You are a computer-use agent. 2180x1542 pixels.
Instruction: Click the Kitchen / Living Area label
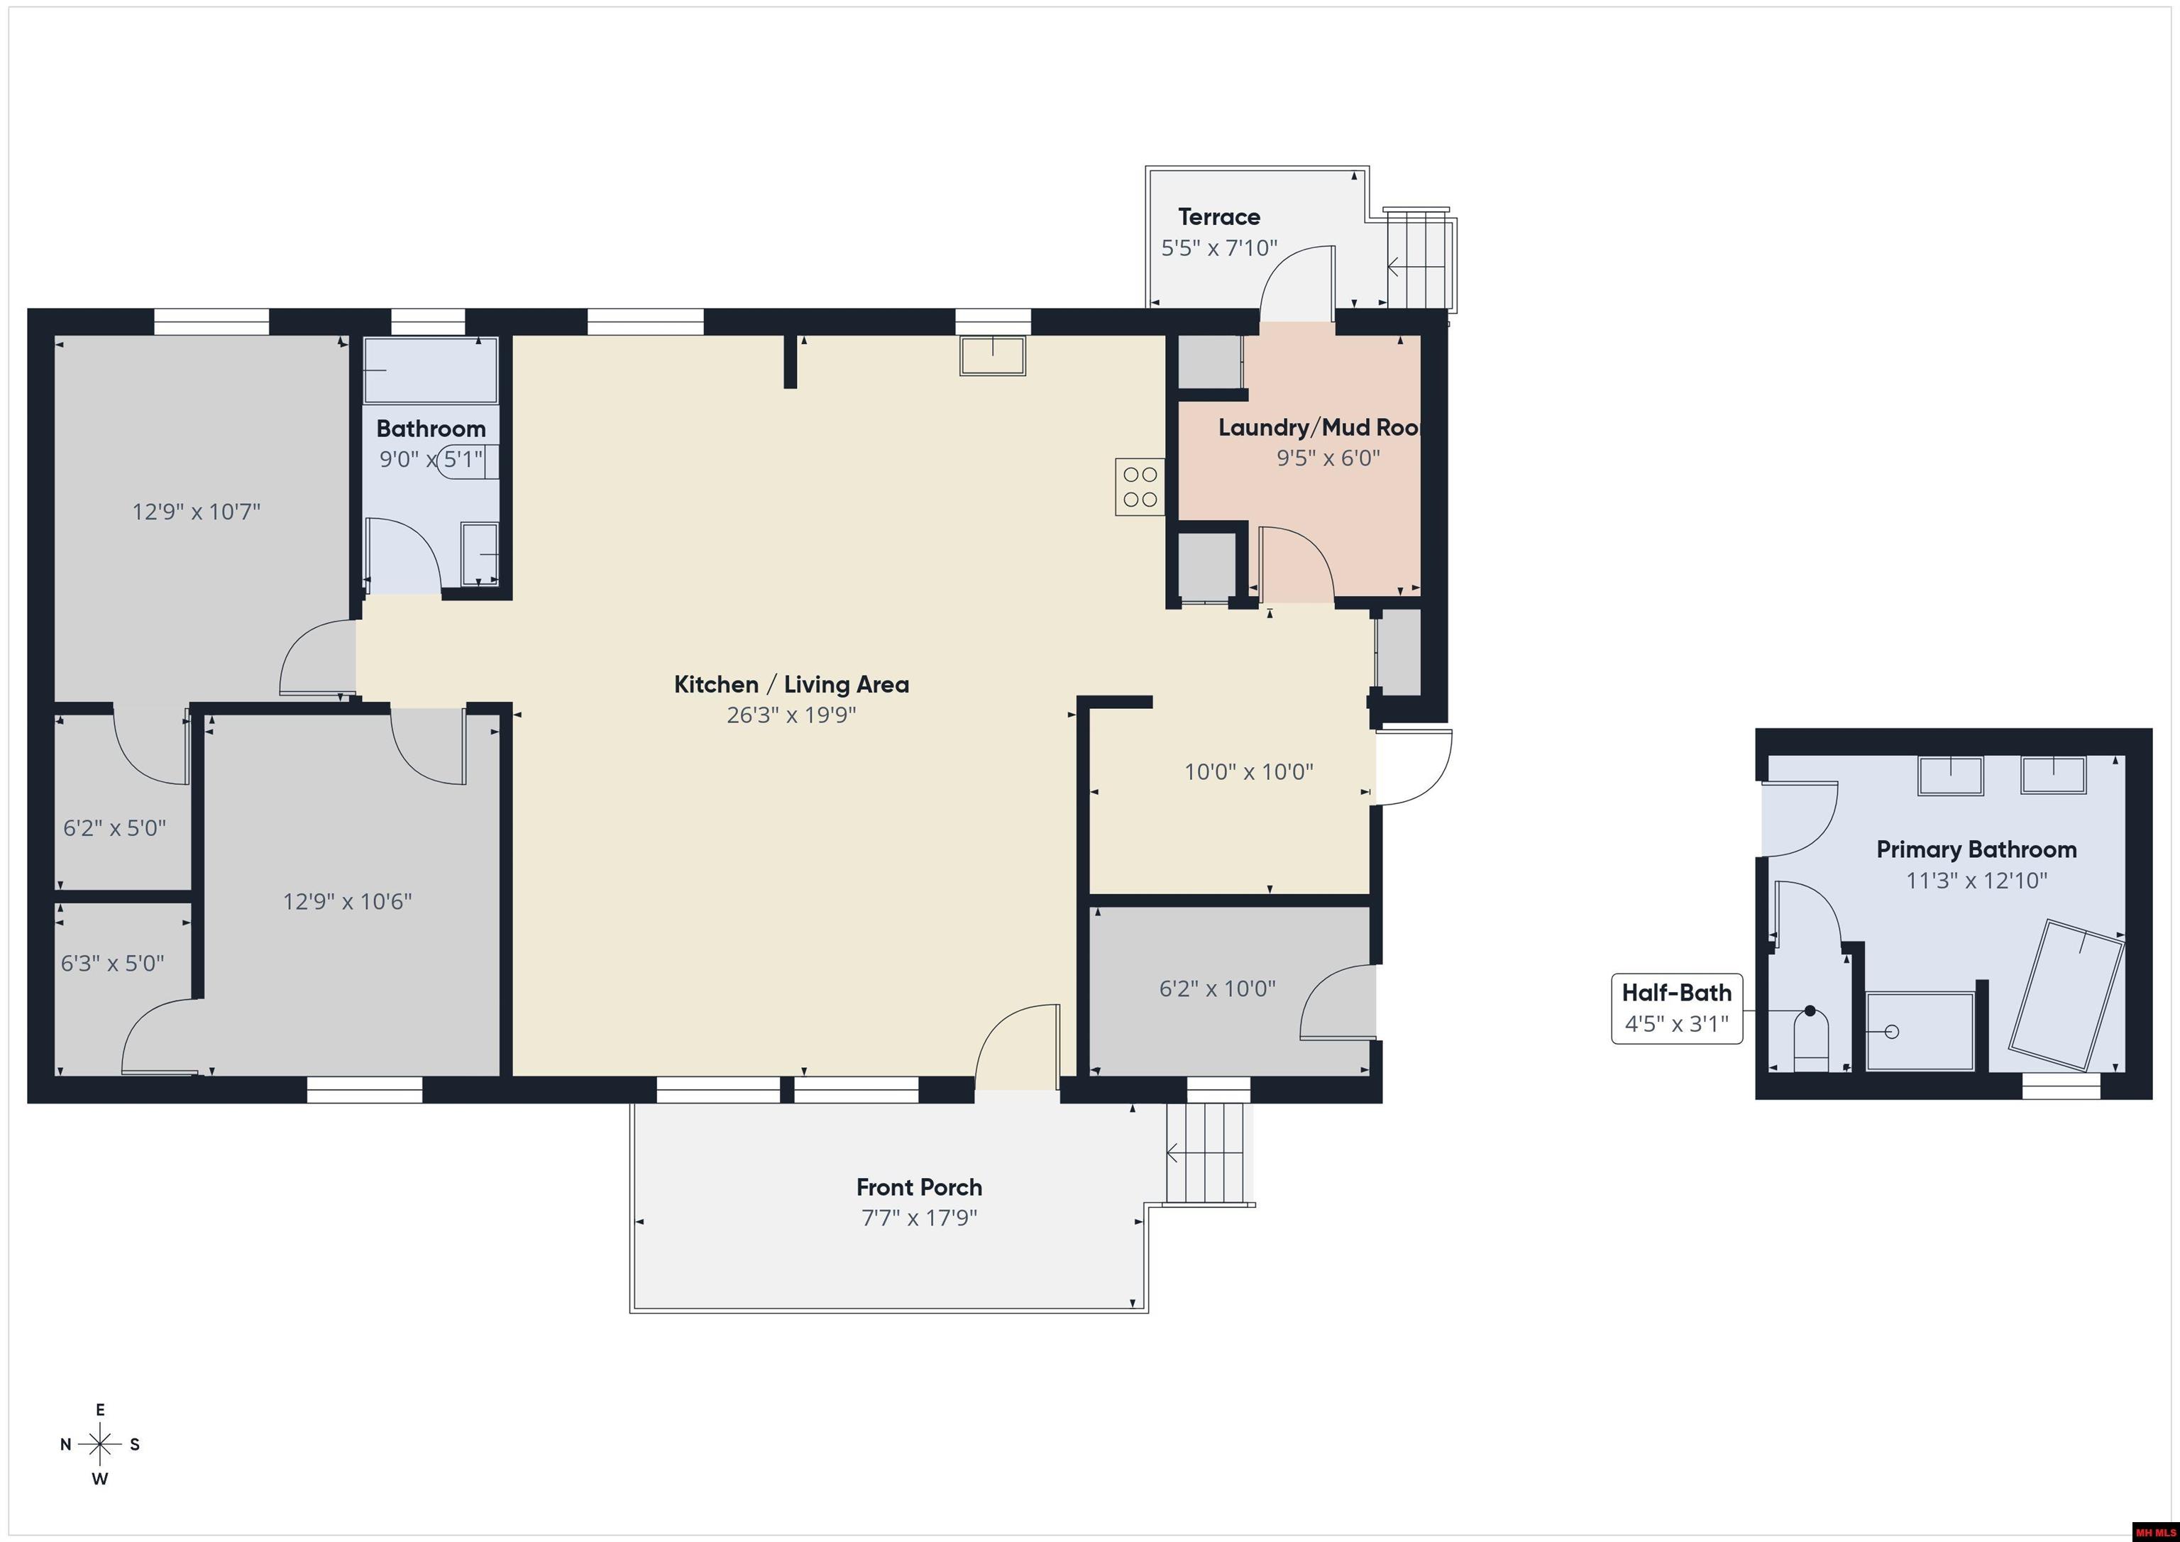(791, 685)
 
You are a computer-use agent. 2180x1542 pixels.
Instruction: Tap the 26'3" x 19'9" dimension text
(791, 715)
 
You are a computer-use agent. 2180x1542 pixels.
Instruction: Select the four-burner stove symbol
(1140, 486)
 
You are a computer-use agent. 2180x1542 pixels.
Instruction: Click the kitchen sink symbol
(992, 356)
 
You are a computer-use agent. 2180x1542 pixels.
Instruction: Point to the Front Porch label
(919, 1187)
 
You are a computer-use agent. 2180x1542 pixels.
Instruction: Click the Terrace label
(1219, 216)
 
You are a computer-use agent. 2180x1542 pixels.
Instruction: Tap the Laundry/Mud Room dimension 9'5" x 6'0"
(1327, 458)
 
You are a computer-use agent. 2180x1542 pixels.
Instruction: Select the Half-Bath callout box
(1677, 1008)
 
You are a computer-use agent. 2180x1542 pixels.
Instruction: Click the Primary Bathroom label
(1976, 850)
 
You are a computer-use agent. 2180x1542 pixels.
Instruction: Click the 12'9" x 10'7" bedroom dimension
(196, 512)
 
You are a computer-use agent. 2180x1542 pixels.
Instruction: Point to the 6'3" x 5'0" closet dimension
(112, 964)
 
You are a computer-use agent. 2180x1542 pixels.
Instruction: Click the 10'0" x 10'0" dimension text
(1248, 772)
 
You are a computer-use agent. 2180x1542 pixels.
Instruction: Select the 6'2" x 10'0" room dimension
(1217, 988)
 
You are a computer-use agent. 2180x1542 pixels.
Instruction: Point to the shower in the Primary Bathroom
(1920, 1031)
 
